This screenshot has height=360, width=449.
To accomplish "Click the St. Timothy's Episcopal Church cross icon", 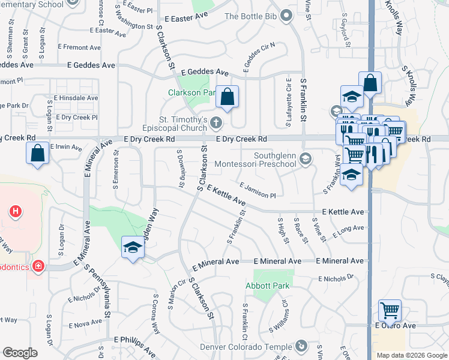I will pyautogui.click(x=216, y=124).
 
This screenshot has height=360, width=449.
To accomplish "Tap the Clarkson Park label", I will pyautogui.click(x=191, y=93).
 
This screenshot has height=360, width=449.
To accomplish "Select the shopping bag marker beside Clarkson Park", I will pyautogui.click(x=228, y=98).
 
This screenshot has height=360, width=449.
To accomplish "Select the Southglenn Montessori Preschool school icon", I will pyautogui.click(x=306, y=158).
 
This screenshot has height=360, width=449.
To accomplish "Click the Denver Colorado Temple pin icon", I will pyautogui.click(x=302, y=346).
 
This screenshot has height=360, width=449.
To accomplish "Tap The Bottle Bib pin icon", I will pyautogui.click(x=286, y=16).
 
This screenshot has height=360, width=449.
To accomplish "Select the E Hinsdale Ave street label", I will pyautogui.click(x=76, y=98).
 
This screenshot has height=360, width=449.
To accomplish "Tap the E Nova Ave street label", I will pyautogui.click(x=86, y=324).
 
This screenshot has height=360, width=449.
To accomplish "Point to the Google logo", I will pyautogui.click(x=20, y=353).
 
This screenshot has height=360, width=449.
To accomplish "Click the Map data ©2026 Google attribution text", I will pyautogui.click(x=411, y=355).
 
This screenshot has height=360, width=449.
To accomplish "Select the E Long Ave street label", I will pyautogui.click(x=348, y=230).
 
